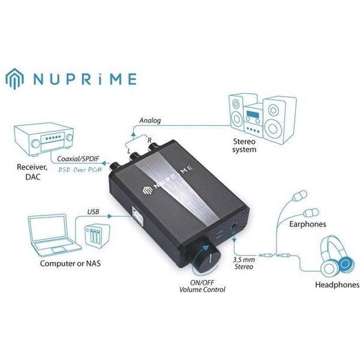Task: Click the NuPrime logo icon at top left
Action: tap(14, 79)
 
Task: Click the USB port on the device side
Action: tap(137, 215)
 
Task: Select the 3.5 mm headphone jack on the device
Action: tap(235, 226)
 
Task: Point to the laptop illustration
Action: tap(54, 235)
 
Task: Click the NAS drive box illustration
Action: tap(97, 236)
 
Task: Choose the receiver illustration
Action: tap(44, 139)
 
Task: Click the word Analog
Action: tap(150, 121)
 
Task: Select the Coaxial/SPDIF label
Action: tap(78, 158)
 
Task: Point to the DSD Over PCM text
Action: tap(80, 170)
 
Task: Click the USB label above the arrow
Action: tap(93, 211)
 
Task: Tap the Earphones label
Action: tap(307, 224)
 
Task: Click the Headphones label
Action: tap(337, 284)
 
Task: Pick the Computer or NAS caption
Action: tap(70, 263)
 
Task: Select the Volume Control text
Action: tap(202, 290)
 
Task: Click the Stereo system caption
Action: tap(244, 145)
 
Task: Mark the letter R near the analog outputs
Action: tap(149, 140)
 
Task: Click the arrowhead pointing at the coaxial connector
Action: tap(104, 163)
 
